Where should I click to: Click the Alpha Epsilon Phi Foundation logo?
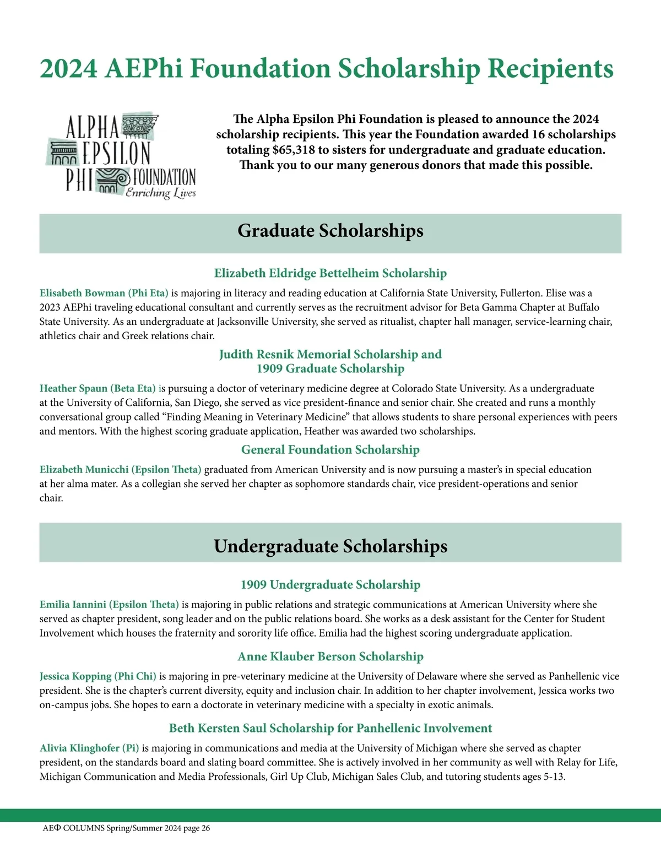[x=121, y=155]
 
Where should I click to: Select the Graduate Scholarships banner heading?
[x=330, y=231]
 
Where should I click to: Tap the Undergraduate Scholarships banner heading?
[x=330, y=546]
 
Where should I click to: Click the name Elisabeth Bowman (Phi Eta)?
[x=104, y=293]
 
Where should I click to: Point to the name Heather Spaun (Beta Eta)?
[x=97, y=388]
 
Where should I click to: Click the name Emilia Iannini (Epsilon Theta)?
[x=109, y=604]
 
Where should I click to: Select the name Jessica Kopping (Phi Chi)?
[x=98, y=676]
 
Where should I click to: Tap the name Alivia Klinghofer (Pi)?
[x=89, y=748]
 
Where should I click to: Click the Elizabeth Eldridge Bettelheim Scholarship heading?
[x=330, y=273]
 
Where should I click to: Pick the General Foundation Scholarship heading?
[x=330, y=450]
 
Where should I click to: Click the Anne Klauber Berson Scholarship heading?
[x=330, y=656]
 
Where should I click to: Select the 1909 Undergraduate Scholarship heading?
[x=330, y=584]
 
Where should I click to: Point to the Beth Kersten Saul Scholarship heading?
[x=330, y=728]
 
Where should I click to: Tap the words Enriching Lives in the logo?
[x=161, y=192]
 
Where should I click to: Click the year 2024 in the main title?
[x=68, y=69]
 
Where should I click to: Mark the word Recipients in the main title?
[x=550, y=69]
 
